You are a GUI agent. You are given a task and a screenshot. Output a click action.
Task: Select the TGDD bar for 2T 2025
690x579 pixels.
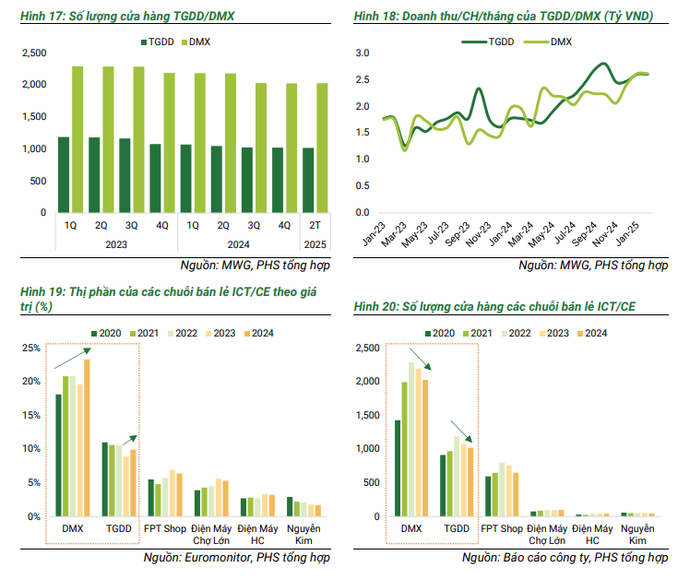coord(308,180)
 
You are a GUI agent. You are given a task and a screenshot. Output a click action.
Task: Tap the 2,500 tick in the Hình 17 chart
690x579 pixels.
coord(33,53)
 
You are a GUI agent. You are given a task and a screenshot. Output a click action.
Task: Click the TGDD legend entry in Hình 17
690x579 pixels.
coord(160,41)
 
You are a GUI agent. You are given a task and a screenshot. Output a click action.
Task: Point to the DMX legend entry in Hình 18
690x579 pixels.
coord(559,41)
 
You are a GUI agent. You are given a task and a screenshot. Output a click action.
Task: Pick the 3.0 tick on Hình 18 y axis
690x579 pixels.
coord(362,53)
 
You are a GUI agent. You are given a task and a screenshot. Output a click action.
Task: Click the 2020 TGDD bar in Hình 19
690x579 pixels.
coord(104,479)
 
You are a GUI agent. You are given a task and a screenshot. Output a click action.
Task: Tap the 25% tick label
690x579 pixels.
coord(30,349)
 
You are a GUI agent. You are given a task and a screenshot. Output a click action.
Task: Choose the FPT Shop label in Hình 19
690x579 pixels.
coord(165,528)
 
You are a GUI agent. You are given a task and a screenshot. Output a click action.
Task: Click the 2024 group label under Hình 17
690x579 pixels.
coord(238,244)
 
